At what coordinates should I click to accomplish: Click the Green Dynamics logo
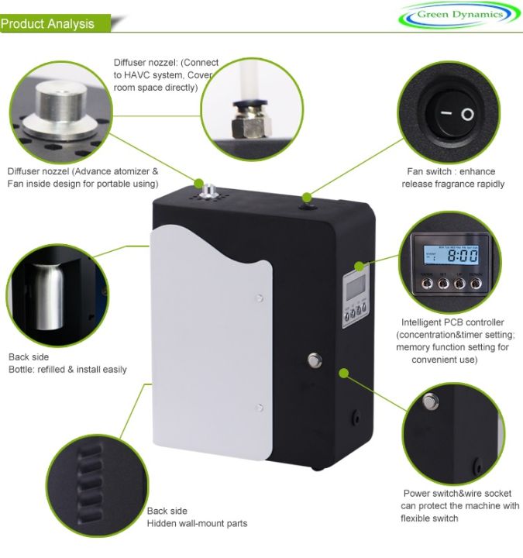click(x=459, y=15)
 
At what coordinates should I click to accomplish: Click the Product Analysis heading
click(x=48, y=23)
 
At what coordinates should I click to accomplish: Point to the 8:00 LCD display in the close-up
click(x=450, y=254)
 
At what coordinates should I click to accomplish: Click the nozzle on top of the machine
click(x=208, y=189)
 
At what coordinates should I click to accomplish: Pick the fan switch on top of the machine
click(x=308, y=199)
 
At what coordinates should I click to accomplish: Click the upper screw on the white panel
click(x=259, y=296)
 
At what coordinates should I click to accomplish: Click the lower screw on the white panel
click(x=260, y=407)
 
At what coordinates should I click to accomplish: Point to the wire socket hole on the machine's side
click(x=356, y=417)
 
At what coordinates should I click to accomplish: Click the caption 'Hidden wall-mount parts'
click(x=198, y=524)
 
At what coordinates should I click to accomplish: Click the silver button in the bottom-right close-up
click(x=430, y=401)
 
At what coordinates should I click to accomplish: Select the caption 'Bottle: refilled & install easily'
click(x=67, y=370)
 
